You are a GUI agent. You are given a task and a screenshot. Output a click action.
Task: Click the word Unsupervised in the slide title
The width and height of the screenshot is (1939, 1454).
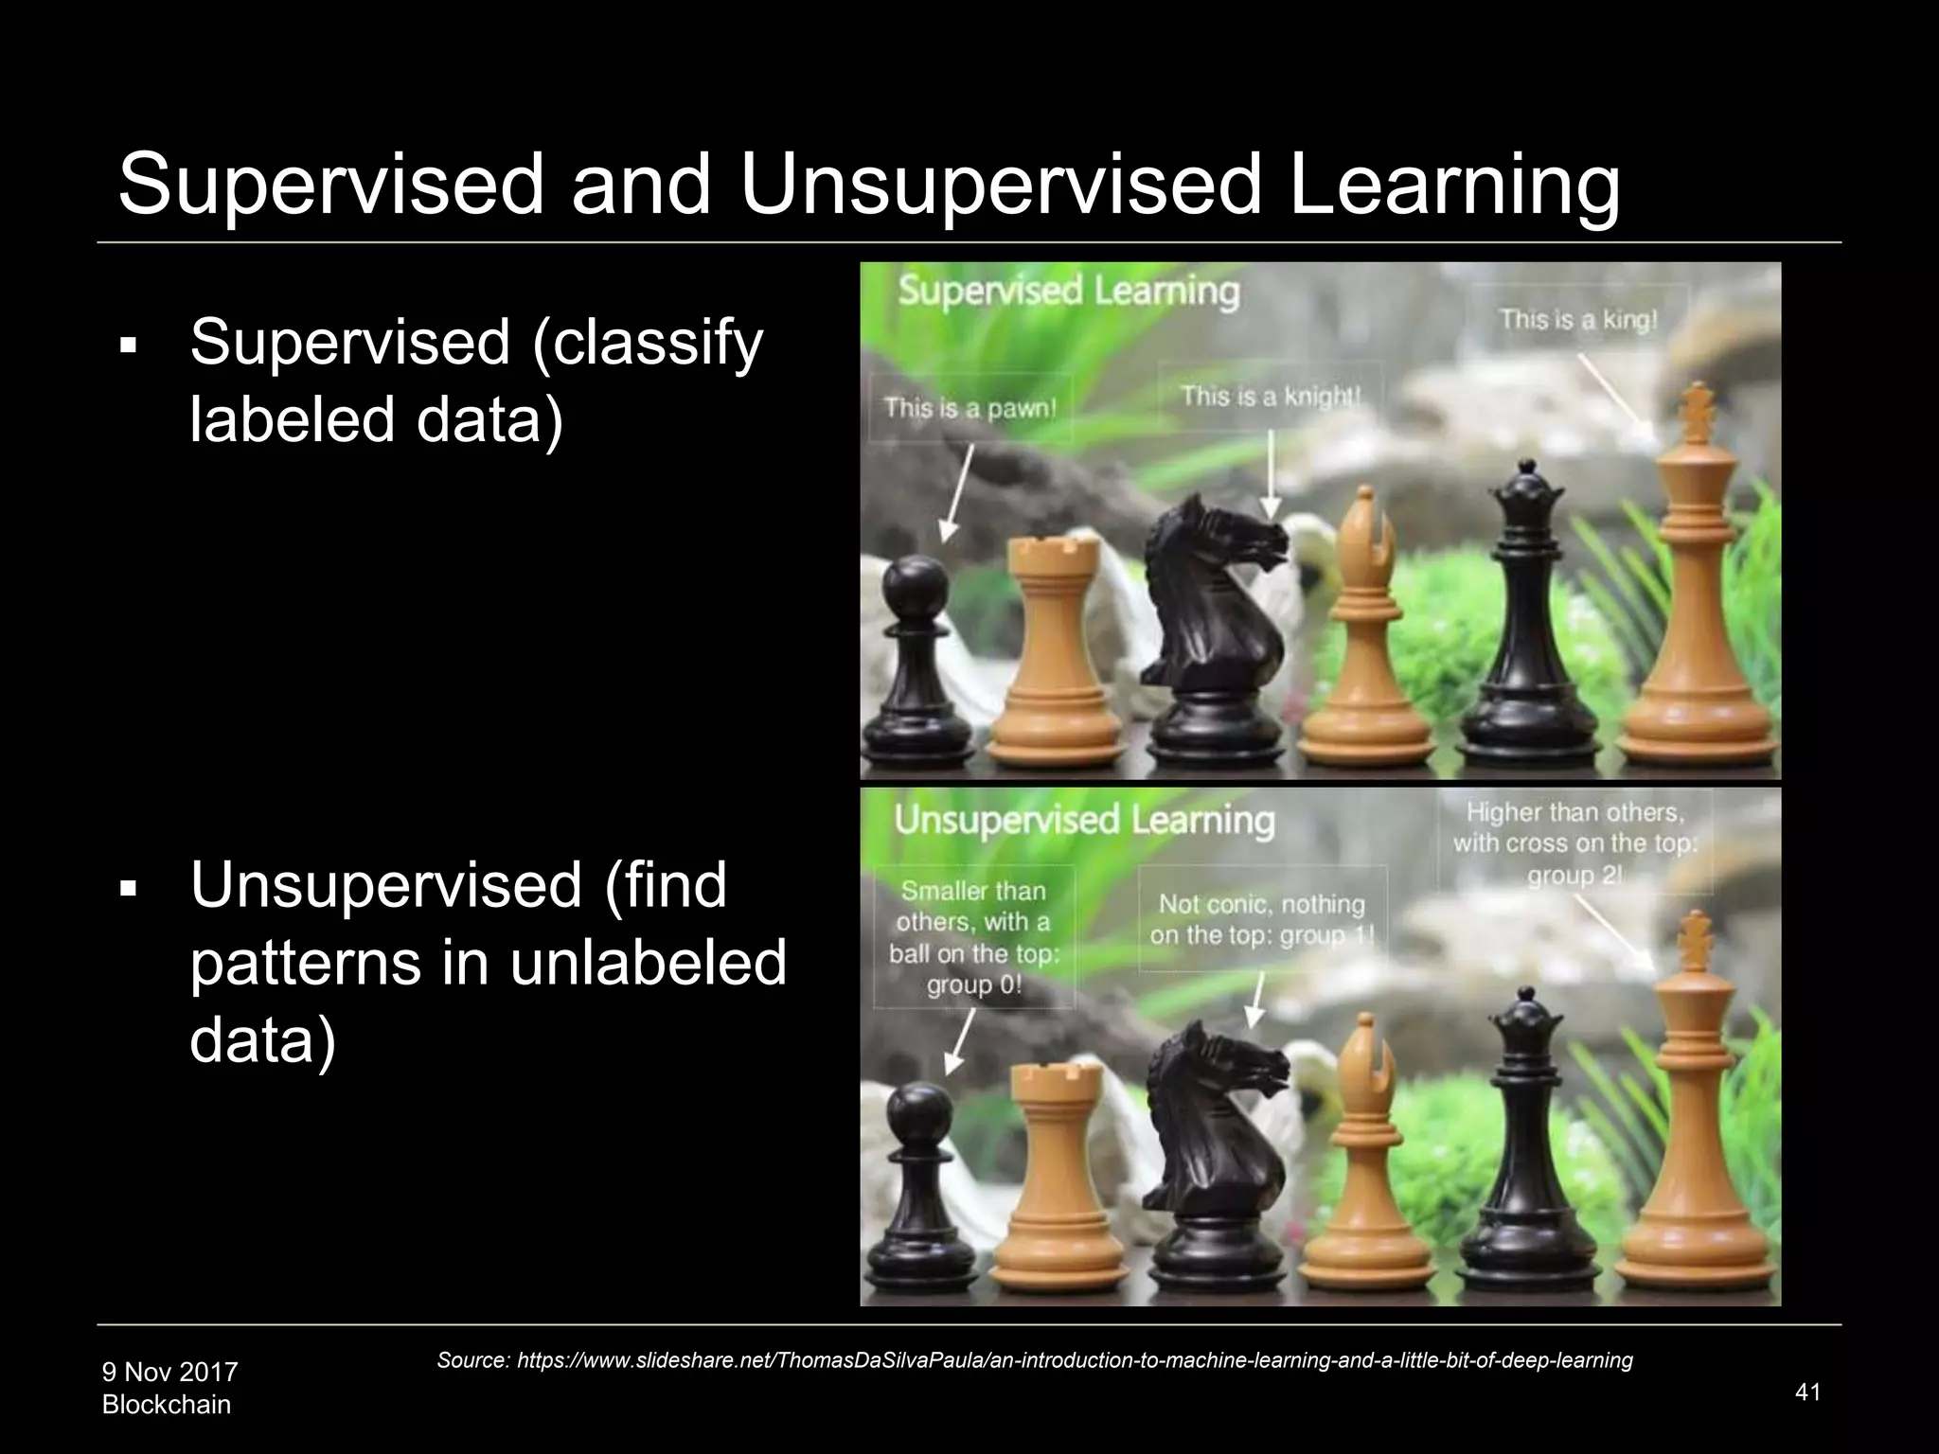point(1001,186)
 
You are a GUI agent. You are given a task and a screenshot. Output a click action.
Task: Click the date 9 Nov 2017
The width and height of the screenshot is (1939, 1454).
point(169,1372)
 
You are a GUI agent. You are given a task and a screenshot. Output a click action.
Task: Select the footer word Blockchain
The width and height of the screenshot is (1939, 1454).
point(166,1405)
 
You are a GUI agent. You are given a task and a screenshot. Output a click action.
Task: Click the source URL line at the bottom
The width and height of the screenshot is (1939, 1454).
point(1034,1360)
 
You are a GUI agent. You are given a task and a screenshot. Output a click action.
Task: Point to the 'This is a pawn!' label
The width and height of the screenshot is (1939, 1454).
point(969,409)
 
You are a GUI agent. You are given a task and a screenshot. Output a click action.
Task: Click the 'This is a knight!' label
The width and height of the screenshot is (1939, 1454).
point(1269,396)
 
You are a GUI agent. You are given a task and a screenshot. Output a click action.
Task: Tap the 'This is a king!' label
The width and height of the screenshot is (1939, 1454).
point(1578,320)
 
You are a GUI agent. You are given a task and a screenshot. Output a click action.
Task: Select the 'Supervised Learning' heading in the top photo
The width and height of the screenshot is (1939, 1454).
point(1068,291)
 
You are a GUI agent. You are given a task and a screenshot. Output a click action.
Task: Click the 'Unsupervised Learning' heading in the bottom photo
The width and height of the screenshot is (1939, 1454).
point(1084,820)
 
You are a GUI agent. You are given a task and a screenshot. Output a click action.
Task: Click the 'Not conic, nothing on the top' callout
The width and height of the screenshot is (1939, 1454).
point(1261,919)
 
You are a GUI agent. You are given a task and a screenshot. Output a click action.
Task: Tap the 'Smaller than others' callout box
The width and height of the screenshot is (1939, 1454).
point(973,937)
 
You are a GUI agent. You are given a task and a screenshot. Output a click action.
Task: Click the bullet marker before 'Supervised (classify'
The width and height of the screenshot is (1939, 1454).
point(129,346)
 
